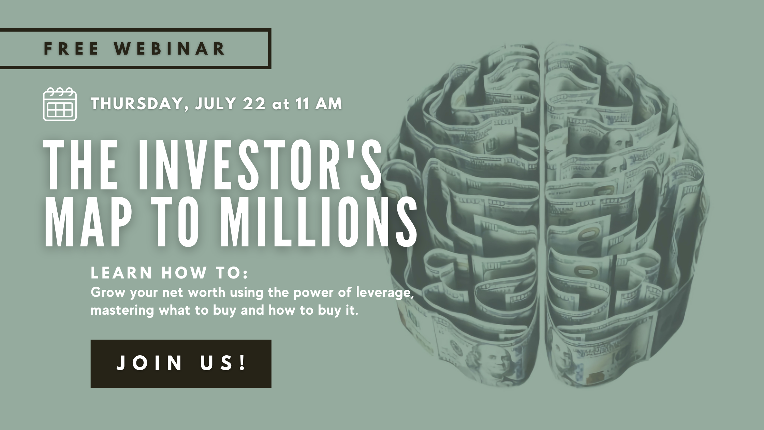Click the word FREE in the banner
pyautogui.click(x=72, y=48)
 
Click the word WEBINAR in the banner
pyautogui.click(x=170, y=48)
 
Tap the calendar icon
pyautogui.click(x=60, y=104)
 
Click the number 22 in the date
pyautogui.click(x=254, y=103)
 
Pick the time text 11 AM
pyautogui.click(x=319, y=103)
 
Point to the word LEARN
pyautogui.click(x=122, y=273)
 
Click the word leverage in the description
pyautogui.click(x=385, y=293)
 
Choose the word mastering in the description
pyautogui.click(x=122, y=311)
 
